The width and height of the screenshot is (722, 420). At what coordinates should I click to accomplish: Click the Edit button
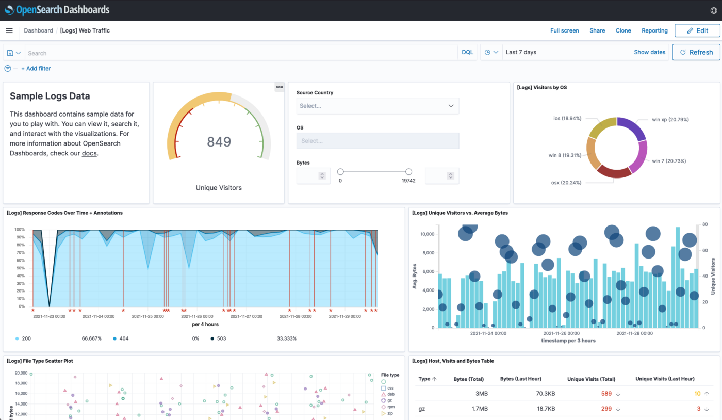pos(697,30)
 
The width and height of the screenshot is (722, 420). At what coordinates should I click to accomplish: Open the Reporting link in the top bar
pos(654,30)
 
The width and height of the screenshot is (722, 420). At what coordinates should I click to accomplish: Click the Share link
pos(597,30)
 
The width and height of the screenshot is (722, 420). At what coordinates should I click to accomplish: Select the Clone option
pos(623,30)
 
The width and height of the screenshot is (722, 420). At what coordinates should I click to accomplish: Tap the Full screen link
pos(564,30)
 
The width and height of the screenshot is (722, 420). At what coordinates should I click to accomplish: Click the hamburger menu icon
pos(9,30)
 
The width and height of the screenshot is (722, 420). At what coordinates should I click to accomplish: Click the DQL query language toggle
pos(467,53)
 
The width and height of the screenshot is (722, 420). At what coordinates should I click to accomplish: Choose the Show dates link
pos(649,52)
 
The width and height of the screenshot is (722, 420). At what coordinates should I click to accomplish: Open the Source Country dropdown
pos(378,106)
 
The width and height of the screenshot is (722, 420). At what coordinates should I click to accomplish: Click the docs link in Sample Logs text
pos(89,153)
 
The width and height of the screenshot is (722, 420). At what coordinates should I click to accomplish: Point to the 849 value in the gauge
pos(219,142)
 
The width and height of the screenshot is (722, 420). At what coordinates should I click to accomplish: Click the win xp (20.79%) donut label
pos(670,120)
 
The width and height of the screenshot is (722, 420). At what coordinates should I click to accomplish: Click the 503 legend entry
pos(221,338)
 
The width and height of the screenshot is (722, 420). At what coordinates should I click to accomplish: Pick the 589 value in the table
pos(606,394)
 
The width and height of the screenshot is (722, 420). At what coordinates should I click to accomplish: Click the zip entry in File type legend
pos(390,413)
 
